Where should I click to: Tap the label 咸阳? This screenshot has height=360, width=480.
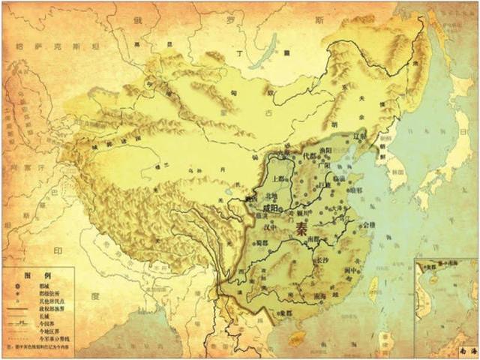(271, 205)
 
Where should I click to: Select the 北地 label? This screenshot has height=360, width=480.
(260, 196)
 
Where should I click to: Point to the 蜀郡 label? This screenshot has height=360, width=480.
(261, 243)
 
